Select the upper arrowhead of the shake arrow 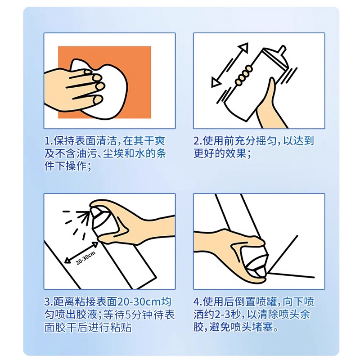tap(244, 48)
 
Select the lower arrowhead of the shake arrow tap(216, 82)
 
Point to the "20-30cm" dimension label tap(85, 258)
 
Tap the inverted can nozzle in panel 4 tap(260, 272)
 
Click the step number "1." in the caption tap(49, 141)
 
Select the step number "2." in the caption tap(198, 141)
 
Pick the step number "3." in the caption tap(49, 301)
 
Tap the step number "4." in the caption tap(198, 301)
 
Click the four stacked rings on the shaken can tap(243, 75)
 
